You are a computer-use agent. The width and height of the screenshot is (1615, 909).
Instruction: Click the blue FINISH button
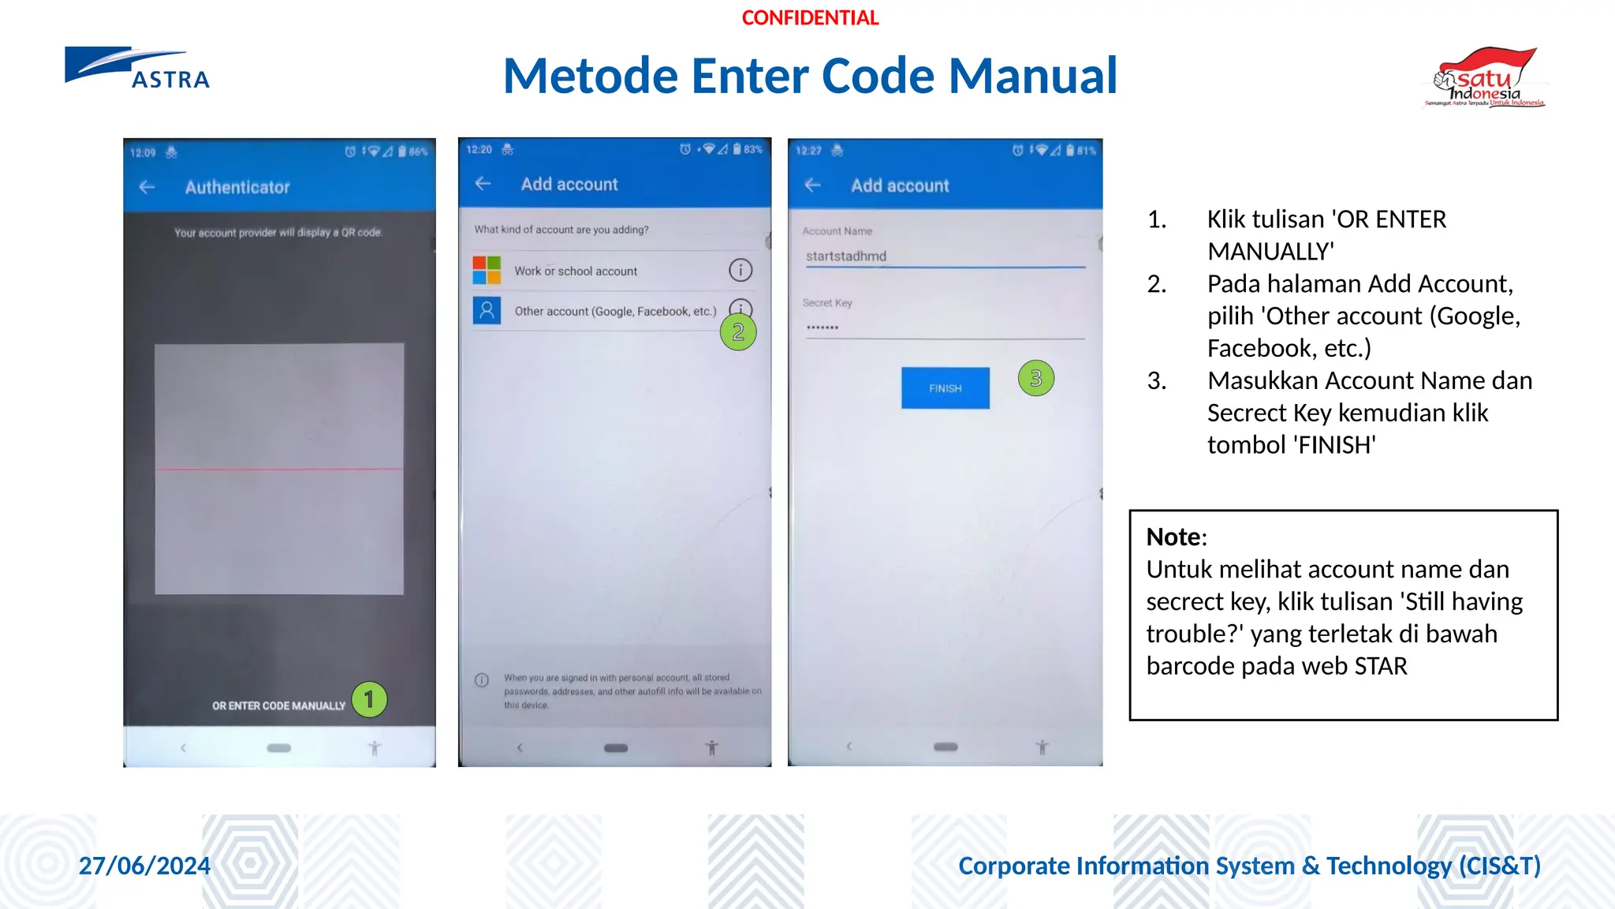click(945, 388)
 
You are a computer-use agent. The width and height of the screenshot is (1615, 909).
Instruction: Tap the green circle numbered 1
click(369, 700)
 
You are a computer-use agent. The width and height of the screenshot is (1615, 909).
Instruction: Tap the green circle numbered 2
click(738, 332)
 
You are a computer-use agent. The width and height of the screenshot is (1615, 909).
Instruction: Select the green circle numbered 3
click(1035, 379)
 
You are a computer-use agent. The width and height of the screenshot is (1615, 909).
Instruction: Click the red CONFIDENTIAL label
click(810, 18)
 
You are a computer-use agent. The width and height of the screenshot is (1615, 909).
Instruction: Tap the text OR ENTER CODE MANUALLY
click(278, 705)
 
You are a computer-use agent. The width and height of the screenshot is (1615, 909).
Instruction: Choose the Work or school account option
click(576, 271)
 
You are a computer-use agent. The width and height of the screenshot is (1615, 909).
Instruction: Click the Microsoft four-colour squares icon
click(487, 271)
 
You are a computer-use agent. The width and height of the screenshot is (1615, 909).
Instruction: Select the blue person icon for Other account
click(487, 311)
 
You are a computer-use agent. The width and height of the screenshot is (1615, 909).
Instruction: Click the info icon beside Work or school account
click(740, 271)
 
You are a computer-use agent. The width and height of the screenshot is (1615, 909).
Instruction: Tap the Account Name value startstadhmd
click(846, 256)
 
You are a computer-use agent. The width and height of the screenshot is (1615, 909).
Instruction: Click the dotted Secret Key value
click(822, 327)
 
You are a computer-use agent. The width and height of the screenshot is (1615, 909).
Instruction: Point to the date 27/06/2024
click(144, 866)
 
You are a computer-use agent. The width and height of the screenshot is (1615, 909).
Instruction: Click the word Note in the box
click(1175, 537)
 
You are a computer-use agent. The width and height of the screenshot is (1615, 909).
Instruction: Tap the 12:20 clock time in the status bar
click(479, 150)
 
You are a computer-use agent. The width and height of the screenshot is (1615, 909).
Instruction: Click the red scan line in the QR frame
click(279, 469)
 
